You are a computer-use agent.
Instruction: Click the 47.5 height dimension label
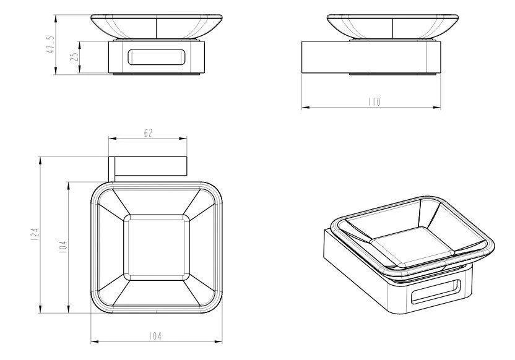coord(51,45)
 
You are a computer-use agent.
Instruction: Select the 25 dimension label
coord(74,56)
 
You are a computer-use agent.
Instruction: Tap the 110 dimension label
coord(374,101)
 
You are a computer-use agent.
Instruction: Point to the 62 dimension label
coord(148,133)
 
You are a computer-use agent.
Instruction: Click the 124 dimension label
coord(35,234)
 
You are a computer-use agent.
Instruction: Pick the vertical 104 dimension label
coord(63,247)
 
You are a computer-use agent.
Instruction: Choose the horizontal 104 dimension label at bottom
coord(155,336)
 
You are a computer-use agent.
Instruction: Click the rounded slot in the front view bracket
coord(157,57)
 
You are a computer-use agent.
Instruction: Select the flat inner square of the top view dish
coord(157,247)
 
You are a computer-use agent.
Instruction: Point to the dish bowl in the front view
coord(157,27)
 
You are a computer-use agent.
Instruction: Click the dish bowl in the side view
coord(393,27)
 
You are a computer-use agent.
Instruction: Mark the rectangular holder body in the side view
coord(371,57)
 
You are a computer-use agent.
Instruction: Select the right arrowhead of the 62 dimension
coord(183,139)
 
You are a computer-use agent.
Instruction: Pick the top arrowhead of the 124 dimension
coord(40,161)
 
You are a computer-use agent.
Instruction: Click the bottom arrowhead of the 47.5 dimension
coord(56,71)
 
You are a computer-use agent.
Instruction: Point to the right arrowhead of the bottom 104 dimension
coord(218,341)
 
